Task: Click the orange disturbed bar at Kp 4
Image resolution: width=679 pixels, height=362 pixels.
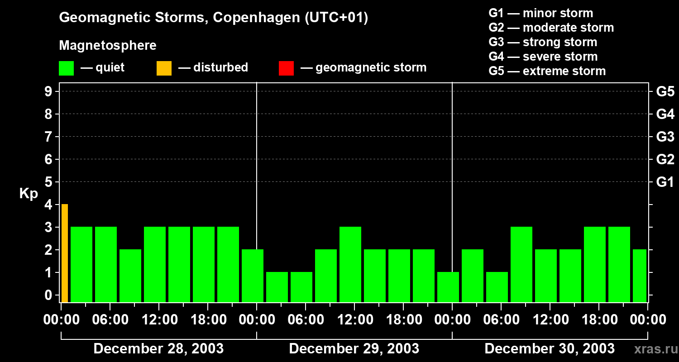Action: coord(65,253)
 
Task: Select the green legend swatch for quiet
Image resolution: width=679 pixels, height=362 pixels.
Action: coord(66,68)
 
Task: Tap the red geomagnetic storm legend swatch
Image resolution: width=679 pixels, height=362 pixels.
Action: coord(286,68)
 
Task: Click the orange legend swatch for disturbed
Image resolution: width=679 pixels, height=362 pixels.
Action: coord(164,68)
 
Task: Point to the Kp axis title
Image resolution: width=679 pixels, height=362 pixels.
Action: coord(29,194)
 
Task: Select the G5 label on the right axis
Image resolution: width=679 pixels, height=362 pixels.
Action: coord(665,92)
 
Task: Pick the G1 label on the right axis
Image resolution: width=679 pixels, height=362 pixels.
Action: coord(665,182)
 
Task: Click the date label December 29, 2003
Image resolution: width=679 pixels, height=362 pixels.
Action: coord(354,349)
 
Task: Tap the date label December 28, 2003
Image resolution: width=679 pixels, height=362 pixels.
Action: coord(158,349)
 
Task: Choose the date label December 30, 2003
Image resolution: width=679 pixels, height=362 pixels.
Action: coord(549,349)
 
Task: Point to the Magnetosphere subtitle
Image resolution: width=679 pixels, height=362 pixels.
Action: coord(108,46)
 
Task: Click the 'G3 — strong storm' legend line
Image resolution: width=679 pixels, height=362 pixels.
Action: coord(543,42)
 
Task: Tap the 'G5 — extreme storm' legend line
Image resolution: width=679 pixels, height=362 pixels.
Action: coord(547,71)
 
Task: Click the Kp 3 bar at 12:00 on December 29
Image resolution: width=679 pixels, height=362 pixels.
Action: coord(350,264)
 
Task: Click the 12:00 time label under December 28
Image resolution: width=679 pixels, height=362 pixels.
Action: coord(160,320)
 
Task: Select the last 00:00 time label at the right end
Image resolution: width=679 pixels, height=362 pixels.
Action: coord(647,320)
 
